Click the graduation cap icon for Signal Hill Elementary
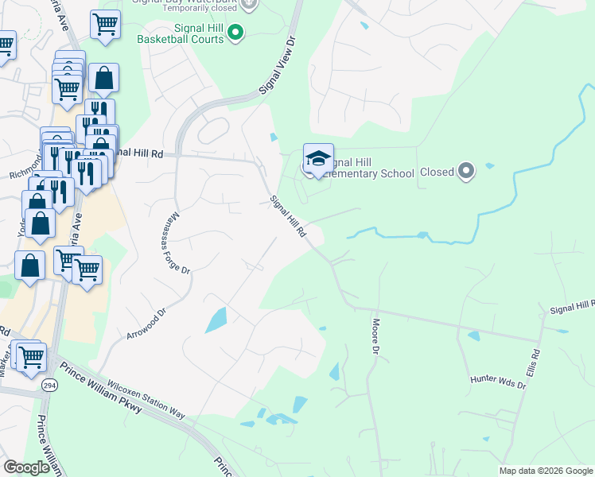coord(318,158)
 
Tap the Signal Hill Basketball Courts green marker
coord(235,32)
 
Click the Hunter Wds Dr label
coord(498,384)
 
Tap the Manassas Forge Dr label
coord(181,243)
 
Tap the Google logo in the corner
coord(26,467)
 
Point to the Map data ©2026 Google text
coord(545,471)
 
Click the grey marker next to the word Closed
coord(466,170)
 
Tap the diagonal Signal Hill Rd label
coord(289,216)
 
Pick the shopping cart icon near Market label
coord(30,357)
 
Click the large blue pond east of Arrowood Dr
coord(216,320)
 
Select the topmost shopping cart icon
coord(104,25)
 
